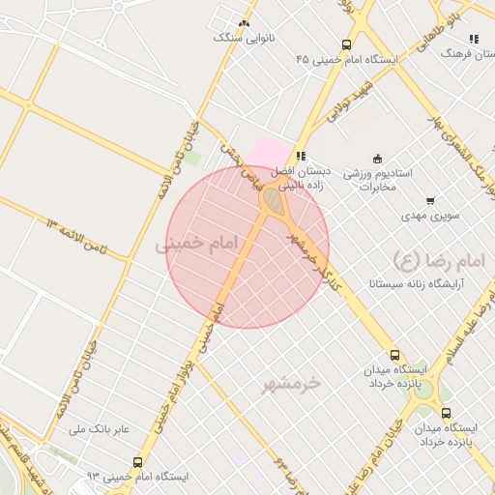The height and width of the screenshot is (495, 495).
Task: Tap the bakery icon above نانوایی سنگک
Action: [x=244, y=23]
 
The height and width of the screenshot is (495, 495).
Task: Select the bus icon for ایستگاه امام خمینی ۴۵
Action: [x=347, y=44]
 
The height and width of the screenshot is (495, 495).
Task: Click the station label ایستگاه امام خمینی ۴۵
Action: [x=347, y=59]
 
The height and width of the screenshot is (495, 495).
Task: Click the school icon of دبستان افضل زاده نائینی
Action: [x=302, y=155]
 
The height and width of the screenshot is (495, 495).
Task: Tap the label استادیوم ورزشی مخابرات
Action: [x=380, y=179]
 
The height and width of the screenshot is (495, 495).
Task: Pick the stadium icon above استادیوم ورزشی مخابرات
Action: [x=377, y=159]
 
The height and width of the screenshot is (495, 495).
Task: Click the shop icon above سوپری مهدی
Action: [x=430, y=201]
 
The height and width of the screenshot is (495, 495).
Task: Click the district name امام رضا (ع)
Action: [x=422, y=258]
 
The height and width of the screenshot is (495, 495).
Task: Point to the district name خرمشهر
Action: [x=290, y=385]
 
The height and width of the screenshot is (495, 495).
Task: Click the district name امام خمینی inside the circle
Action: [x=196, y=246]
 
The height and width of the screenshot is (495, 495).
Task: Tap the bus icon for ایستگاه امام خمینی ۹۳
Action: [x=137, y=462]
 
